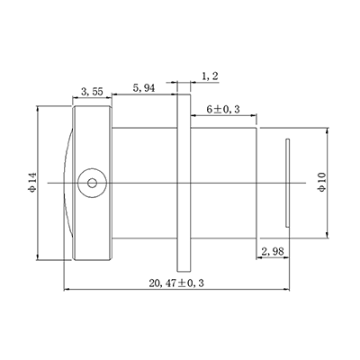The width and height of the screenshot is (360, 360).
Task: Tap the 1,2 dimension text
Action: coord(209,77)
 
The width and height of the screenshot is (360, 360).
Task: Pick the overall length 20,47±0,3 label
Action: coord(176,282)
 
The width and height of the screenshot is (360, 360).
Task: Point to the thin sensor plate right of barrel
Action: coord(287,182)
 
